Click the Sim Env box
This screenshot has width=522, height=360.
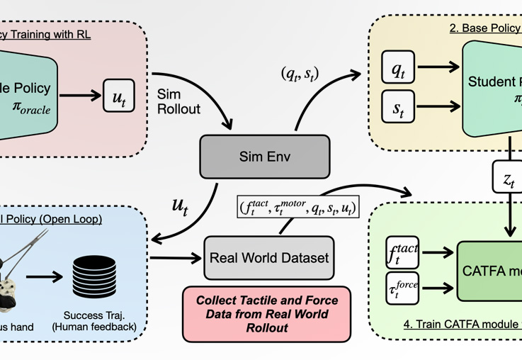[265, 157]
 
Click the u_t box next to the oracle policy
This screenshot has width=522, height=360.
[118, 96]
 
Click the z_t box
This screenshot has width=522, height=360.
[509, 179]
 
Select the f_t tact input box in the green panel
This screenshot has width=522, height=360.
[402, 252]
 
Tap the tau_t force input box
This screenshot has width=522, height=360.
[402, 288]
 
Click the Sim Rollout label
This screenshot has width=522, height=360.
[177, 101]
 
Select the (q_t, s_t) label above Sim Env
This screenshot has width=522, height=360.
[300, 72]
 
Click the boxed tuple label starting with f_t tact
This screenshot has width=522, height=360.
[297, 208]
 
